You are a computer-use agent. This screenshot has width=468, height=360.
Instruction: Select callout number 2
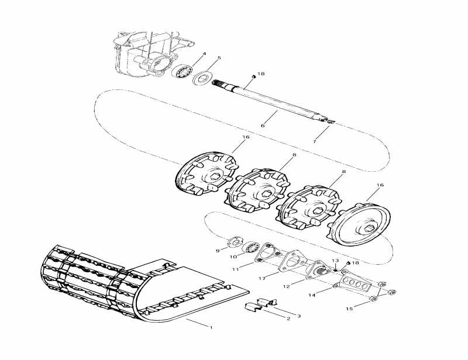point(288,319)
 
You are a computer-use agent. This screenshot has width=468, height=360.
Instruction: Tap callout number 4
point(204,54)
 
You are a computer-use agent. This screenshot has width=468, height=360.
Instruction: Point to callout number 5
point(219,58)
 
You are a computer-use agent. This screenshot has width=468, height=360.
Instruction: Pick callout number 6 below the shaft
point(263,126)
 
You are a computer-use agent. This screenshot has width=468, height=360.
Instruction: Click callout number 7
point(314,141)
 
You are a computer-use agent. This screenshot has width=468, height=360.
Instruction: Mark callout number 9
point(218,251)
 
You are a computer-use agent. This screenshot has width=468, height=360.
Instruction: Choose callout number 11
point(236,269)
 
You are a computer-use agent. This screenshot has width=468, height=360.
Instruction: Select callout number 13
point(335,260)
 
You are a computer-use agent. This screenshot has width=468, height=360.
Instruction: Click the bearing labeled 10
point(252,247)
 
